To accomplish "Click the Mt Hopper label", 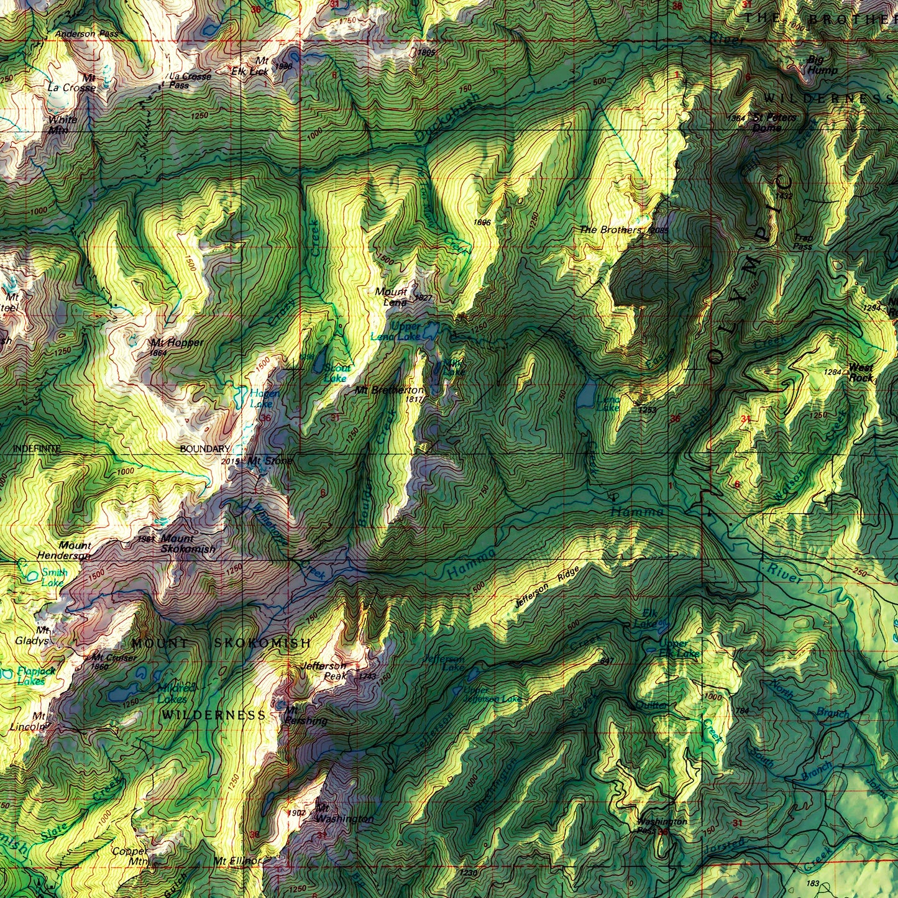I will point(176,342).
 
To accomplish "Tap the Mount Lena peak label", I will point(392,297).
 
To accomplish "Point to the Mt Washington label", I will point(344,814).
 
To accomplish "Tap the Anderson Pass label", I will point(86,34).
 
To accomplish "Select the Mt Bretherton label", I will point(390,390).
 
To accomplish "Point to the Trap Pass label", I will point(803,242).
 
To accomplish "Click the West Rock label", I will point(861,372).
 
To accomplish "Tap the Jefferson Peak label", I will point(323,671).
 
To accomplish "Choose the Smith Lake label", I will point(53,578).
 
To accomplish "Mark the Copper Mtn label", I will point(131,856).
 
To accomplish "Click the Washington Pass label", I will point(662,825).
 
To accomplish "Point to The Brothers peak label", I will point(610,230).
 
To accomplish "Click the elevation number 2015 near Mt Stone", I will point(230,462).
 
